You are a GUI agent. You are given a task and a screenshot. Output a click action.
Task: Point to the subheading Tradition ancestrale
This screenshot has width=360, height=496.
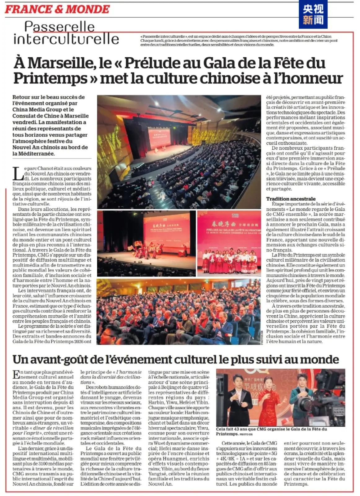291,199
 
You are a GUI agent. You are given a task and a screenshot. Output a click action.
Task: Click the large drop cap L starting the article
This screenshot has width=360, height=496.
18,174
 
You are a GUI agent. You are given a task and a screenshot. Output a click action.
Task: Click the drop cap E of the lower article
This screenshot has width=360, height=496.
16,374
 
